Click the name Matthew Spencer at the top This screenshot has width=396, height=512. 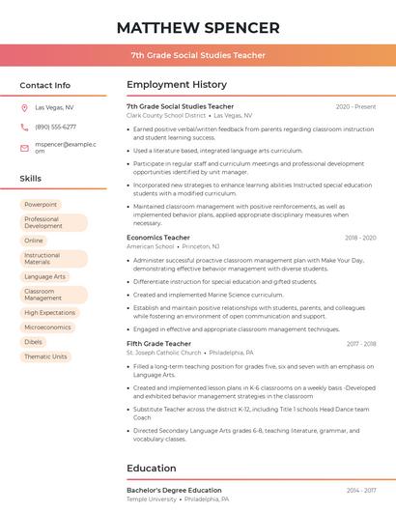tap(198, 28)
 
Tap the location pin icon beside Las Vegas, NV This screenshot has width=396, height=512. tap(24, 108)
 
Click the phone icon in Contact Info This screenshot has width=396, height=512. tap(24, 127)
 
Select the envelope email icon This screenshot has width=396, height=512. tap(24, 148)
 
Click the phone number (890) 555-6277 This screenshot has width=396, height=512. tap(55, 127)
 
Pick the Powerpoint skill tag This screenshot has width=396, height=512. tap(41, 205)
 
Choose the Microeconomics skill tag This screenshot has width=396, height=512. tap(47, 327)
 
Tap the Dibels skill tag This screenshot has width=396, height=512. tap(34, 342)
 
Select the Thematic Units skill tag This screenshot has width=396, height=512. tap(45, 356)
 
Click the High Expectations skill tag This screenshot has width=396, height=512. tap(49, 313)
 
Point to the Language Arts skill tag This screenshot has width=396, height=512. tap(44, 276)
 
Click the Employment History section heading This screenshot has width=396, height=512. tap(176, 85)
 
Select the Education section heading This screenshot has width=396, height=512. tap(151, 469)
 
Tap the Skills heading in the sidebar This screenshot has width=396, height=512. tap(31, 179)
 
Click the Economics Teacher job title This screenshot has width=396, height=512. tap(158, 238)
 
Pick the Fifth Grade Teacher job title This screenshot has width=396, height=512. tap(158, 344)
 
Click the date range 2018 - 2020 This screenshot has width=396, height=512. tap(360, 238)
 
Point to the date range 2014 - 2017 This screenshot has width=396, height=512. tap(361, 491)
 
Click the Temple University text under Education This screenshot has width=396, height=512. tap(152, 499)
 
